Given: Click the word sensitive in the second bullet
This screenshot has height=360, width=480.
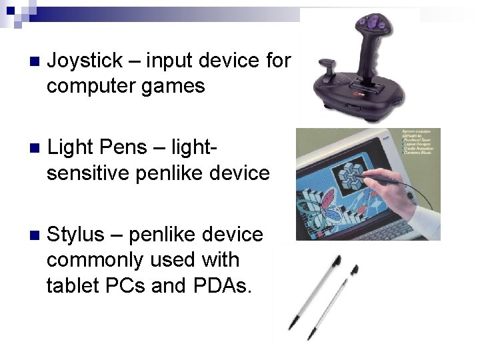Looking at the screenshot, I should [88, 173].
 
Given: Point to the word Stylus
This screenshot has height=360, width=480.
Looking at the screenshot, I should [76, 235].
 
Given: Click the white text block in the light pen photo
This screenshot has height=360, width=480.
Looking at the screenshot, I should [419, 143].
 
